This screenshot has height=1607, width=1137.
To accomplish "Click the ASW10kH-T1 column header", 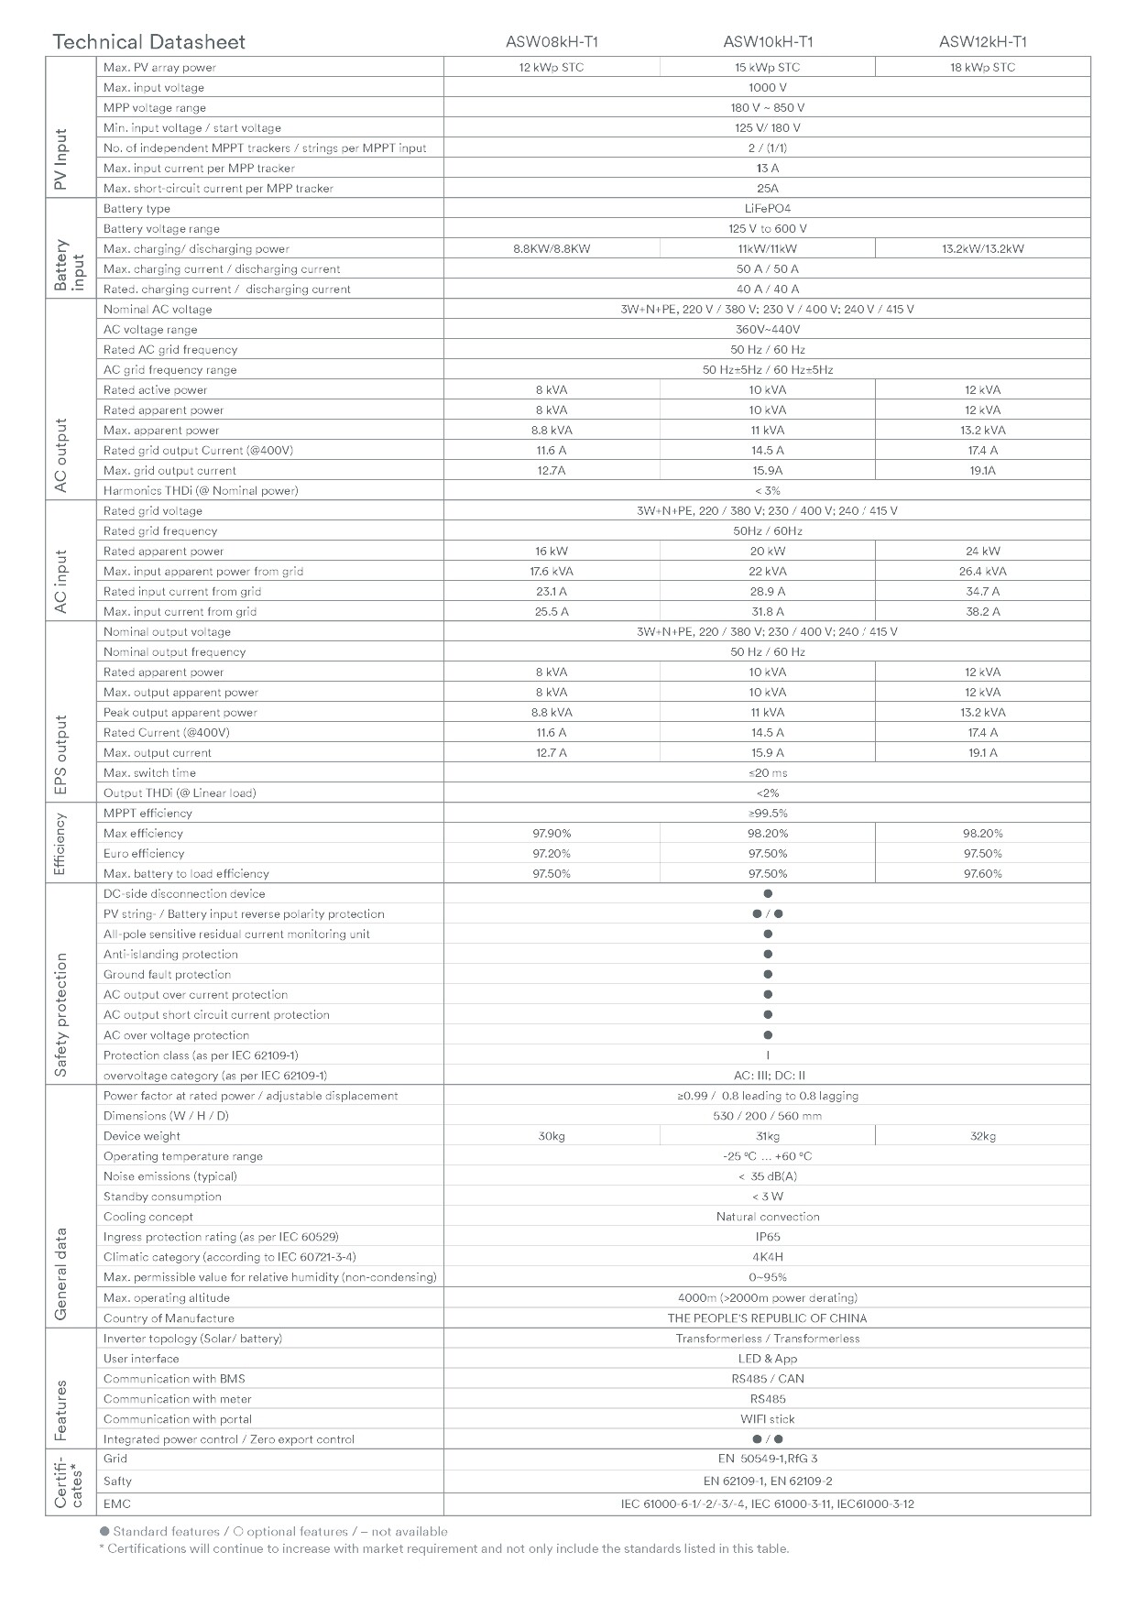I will click(x=767, y=41).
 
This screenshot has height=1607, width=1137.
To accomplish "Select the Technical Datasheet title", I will click(x=148, y=41).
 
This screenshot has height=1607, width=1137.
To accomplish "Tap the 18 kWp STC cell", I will click(x=982, y=67).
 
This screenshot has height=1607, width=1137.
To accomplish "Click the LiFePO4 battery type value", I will click(x=767, y=208).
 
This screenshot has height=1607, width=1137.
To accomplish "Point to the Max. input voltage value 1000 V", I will click(x=767, y=87).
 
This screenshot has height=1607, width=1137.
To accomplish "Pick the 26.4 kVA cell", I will click(x=982, y=571).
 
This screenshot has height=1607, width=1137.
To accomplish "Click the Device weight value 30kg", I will click(x=551, y=1136).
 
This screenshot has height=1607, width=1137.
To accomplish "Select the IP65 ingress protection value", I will click(x=767, y=1237).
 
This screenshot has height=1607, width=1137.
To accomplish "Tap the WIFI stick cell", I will click(x=767, y=1419).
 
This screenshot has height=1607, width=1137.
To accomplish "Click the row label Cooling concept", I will click(x=148, y=1217).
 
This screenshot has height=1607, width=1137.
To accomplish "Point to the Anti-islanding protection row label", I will click(x=170, y=954).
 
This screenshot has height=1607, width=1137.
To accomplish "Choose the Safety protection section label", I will click(x=61, y=1014).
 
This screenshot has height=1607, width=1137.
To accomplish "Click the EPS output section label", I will click(x=61, y=755).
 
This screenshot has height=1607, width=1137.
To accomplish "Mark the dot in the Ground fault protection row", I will click(x=768, y=974).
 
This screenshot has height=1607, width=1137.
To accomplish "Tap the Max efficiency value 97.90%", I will click(x=551, y=833).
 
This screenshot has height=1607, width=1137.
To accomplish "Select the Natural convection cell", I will click(x=767, y=1217).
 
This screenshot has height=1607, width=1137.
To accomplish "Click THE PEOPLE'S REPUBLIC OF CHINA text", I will click(x=767, y=1318).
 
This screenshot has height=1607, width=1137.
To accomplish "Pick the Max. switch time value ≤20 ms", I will click(x=767, y=772).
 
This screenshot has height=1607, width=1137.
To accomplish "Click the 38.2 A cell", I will click(x=982, y=611).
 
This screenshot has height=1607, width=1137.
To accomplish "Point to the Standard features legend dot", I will click(x=104, y=1531).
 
